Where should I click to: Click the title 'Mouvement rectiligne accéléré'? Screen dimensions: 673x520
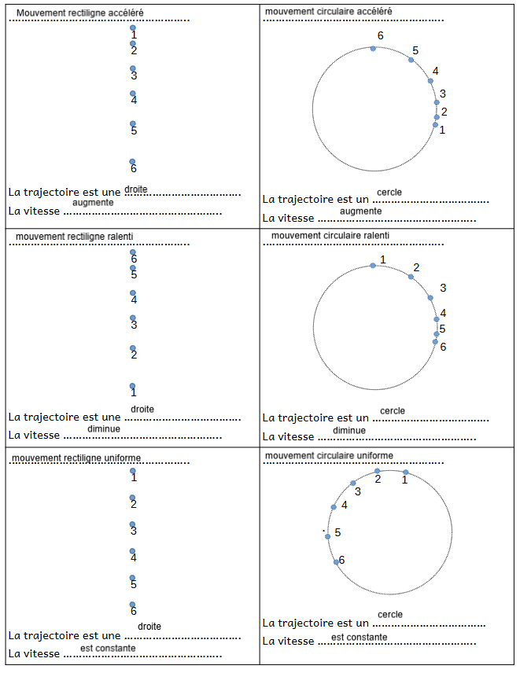click(80, 13)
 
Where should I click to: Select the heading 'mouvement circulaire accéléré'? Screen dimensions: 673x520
click(329, 11)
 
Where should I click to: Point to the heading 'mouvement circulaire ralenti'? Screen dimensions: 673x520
click(330, 235)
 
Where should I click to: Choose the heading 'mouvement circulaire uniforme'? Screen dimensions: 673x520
click(330, 455)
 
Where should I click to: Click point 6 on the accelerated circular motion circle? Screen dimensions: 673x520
click(373, 49)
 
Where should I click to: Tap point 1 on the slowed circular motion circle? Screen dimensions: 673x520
click(373, 266)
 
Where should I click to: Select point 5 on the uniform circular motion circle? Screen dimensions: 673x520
click(328, 536)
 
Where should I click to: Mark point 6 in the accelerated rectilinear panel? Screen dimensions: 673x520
click(132, 162)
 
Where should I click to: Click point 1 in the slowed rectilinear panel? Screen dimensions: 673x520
click(132, 386)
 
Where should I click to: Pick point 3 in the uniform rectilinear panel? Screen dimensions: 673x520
click(132, 524)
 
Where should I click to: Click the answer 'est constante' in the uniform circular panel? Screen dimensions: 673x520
click(360, 637)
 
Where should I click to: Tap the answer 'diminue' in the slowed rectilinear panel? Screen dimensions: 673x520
click(105, 428)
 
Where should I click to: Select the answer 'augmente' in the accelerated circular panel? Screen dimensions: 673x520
click(361, 211)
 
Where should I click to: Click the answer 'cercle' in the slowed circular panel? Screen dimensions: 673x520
click(393, 410)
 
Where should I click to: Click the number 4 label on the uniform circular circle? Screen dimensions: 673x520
click(344, 505)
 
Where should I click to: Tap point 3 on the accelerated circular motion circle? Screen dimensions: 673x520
click(437, 102)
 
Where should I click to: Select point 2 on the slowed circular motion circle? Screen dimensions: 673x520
click(411, 277)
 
